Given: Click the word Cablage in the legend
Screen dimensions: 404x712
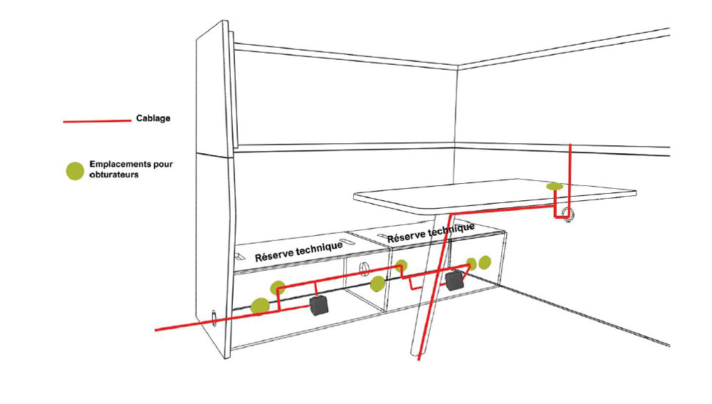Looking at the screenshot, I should tap(152, 118).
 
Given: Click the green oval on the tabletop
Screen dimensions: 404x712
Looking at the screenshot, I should tap(554, 186).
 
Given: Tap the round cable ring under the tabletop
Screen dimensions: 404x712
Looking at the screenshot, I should tap(567, 214).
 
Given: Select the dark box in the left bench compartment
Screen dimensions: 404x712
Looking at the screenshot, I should tap(318, 306).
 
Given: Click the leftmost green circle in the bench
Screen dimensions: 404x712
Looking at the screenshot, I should tap(261, 305).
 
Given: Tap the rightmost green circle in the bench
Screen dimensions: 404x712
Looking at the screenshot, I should tap(485, 262).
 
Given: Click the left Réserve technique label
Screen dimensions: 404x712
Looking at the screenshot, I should tap(298, 250).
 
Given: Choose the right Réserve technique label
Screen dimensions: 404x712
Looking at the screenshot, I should tap(431, 232).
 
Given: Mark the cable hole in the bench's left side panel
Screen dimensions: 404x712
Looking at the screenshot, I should tap(215, 315).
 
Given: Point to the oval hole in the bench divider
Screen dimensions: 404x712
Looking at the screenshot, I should tap(363, 269).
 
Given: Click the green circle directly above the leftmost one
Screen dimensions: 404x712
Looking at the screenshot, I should tap(277, 288).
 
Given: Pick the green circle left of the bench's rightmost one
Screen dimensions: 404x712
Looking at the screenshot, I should tap(470, 264).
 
